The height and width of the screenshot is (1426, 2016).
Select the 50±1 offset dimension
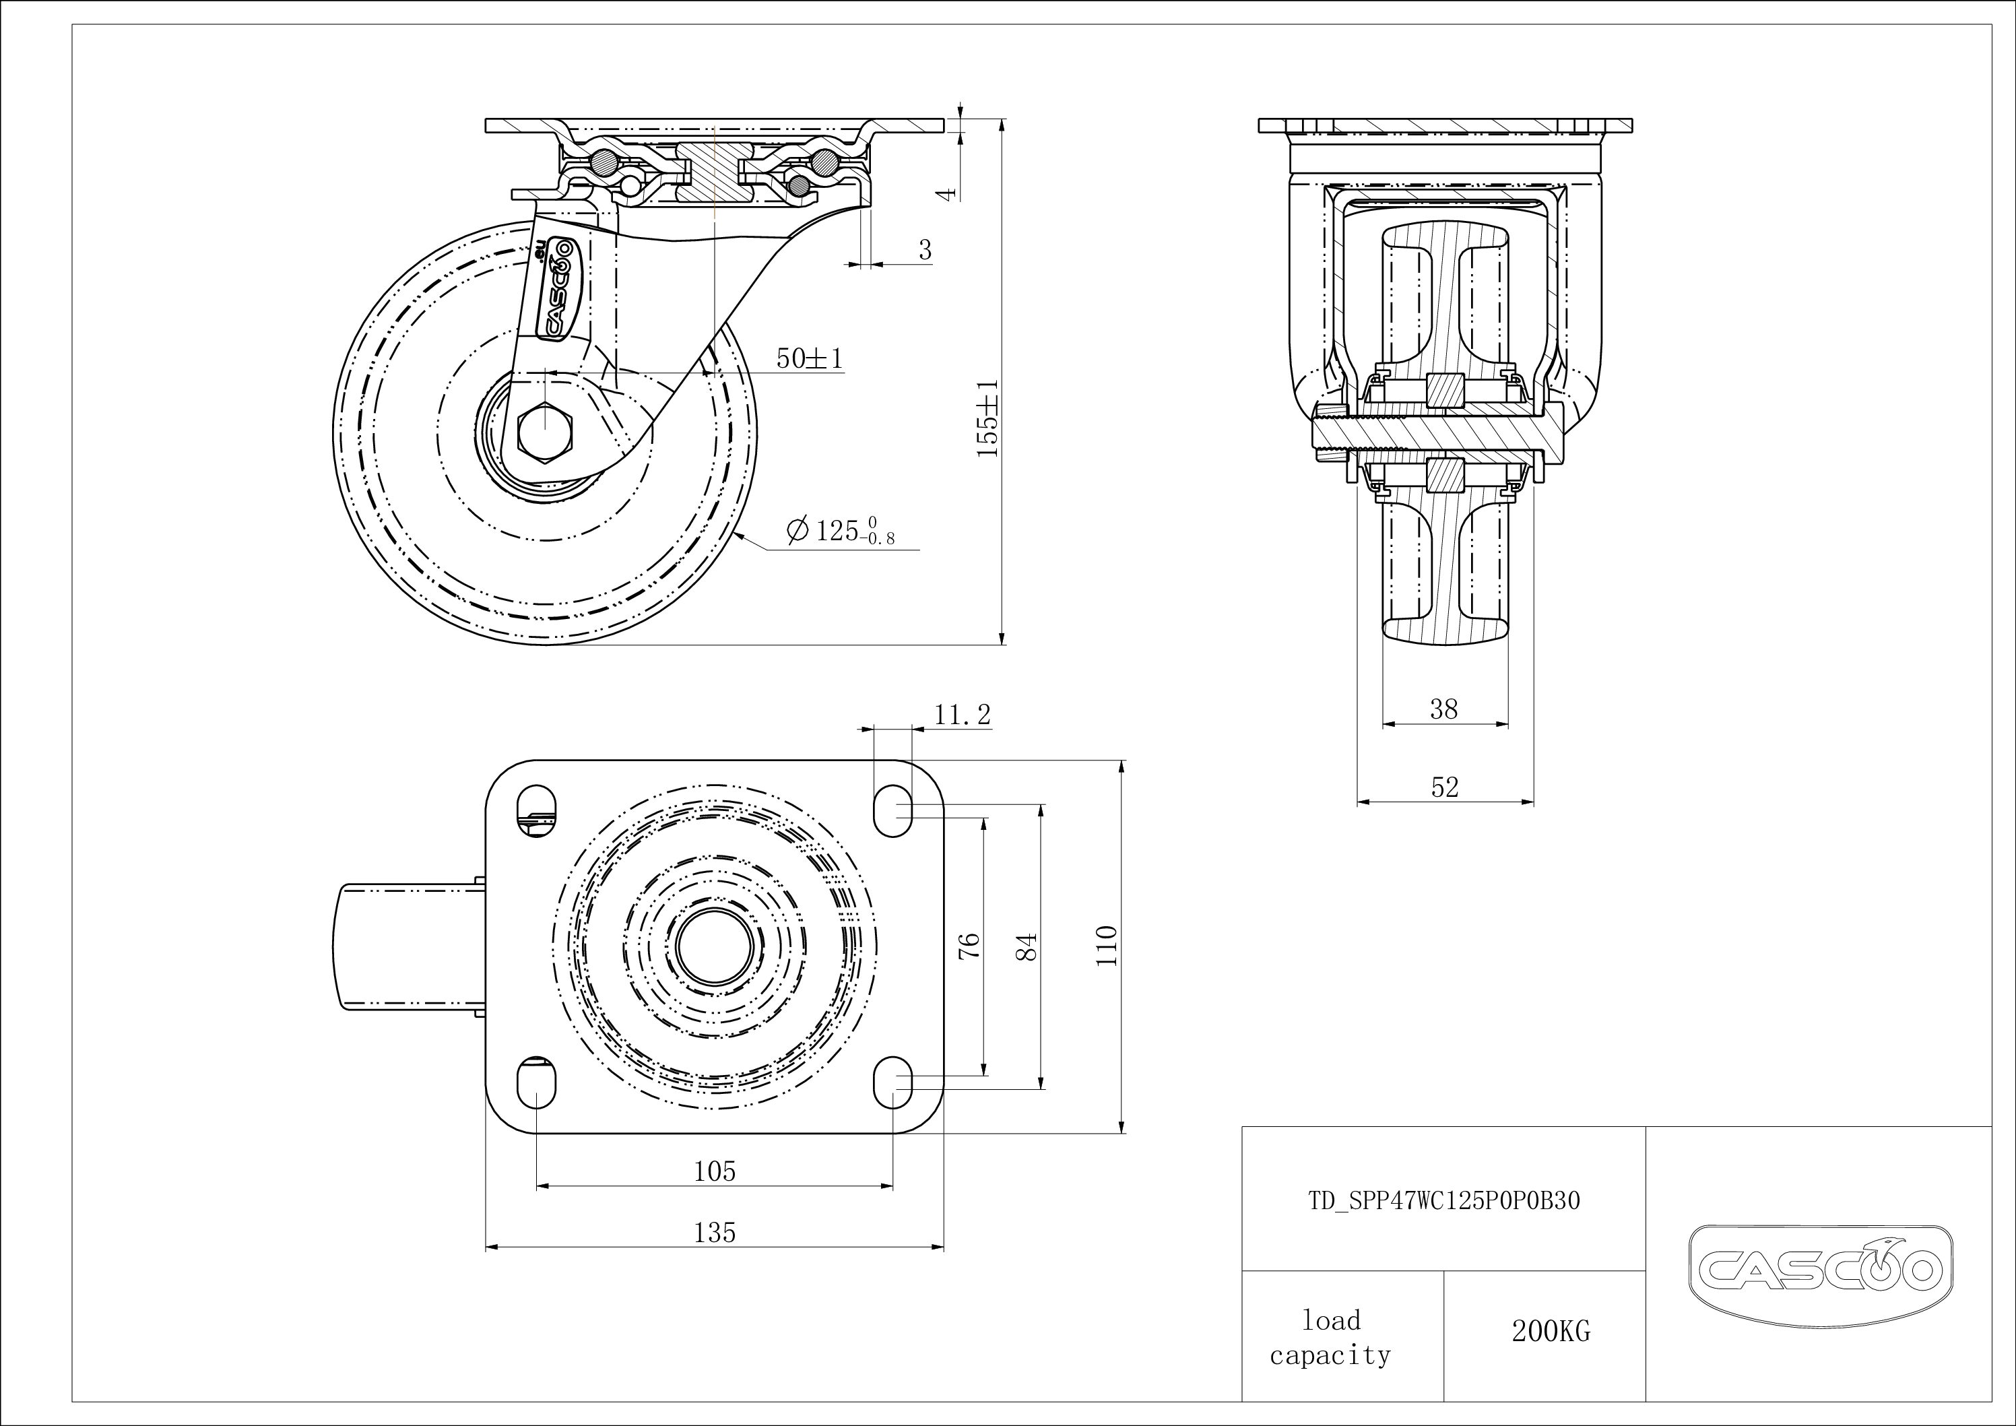[x=810, y=358]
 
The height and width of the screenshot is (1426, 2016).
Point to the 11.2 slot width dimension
[x=963, y=715]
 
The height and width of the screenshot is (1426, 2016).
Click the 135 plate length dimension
[x=715, y=1233]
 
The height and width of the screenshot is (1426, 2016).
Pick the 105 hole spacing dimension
[x=715, y=1171]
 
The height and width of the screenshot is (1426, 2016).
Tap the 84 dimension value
[x=1027, y=946]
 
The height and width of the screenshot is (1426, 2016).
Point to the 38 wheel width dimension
[x=1444, y=709]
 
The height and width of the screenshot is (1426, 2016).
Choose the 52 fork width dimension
[x=1444, y=787]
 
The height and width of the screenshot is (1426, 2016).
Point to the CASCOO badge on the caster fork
[x=555, y=287]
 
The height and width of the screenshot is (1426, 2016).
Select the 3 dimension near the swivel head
[x=925, y=251]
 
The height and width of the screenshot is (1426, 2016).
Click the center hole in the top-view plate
[x=715, y=946]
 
